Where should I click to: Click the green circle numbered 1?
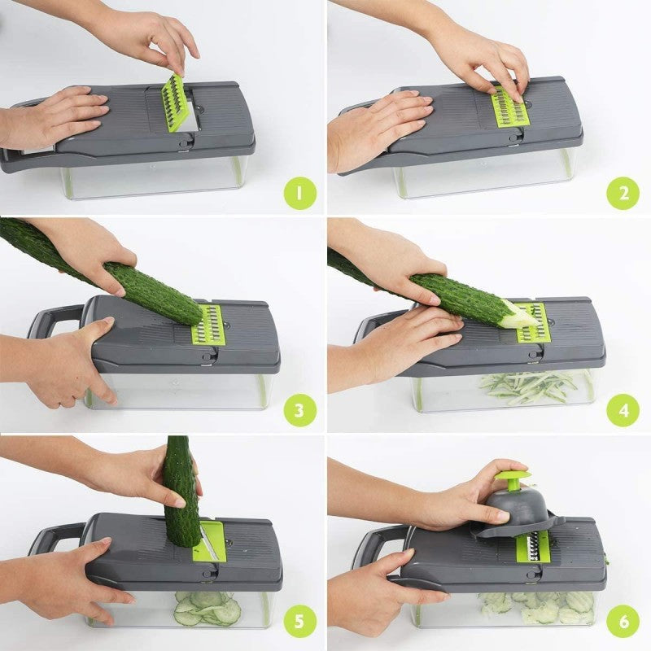[299, 194]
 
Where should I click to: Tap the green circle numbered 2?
[623, 194]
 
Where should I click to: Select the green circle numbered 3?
[299, 410]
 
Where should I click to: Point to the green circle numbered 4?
[623, 410]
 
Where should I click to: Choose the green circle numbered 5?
[299, 623]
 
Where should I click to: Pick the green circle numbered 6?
[623, 623]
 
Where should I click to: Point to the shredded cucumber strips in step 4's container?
[529, 386]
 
